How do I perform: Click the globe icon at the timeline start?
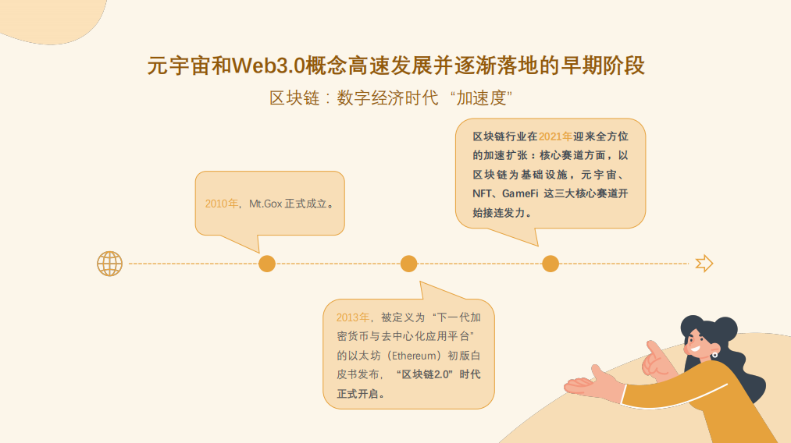coord(109,264)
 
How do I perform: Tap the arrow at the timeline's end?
coord(704,264)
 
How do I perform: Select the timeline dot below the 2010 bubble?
coord(267,264)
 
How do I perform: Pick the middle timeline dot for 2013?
coord(408,264)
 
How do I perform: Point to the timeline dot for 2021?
coord(550,264)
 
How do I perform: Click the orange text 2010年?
coord(221,204)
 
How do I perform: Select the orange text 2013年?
coord(353,317)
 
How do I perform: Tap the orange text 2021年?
coord(555,136)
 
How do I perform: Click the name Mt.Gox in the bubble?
coord(265,204)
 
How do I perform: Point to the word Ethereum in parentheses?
coord(414,356)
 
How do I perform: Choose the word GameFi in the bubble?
coord(520,193)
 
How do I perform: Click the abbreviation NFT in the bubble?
coord(482,193)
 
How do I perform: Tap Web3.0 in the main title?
coord(269,66)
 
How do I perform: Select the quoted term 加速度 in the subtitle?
coord(481,97)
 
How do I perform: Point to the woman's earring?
coord(714,355)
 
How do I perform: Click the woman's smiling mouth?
coord(695,349)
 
